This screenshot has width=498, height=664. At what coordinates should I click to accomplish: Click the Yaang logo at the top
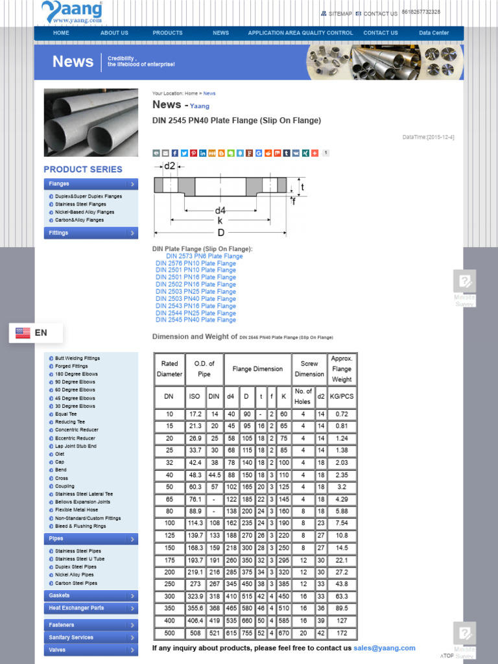(72, 12)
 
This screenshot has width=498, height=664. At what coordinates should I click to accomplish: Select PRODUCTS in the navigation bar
(167, 33)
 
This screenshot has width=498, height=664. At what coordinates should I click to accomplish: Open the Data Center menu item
(434, 33)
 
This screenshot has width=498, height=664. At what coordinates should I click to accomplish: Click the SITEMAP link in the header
(340, 14)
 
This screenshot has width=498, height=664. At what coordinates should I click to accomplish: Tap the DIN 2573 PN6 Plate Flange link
(204, 256)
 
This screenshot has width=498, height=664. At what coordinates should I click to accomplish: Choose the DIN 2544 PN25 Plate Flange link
(196, 313)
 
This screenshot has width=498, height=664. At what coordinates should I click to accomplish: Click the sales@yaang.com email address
(384, 648)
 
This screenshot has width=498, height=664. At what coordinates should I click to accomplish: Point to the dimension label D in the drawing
(220, 232)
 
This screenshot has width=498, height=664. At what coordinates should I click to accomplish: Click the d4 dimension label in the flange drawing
(220, 210)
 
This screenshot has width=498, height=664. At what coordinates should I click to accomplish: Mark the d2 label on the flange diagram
(169, 166)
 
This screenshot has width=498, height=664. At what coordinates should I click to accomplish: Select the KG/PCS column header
(342, 396)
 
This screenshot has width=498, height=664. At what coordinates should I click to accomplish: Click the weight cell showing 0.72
(342, 414)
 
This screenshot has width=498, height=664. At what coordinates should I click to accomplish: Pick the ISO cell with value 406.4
(195, 621)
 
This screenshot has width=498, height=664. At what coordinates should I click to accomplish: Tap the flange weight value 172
(342, 634)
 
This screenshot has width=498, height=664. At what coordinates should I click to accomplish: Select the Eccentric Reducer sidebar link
(75, 438)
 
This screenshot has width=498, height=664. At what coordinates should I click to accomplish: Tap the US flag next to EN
(23, 333)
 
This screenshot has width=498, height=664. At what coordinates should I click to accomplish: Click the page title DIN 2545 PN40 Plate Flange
(236, 121)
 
